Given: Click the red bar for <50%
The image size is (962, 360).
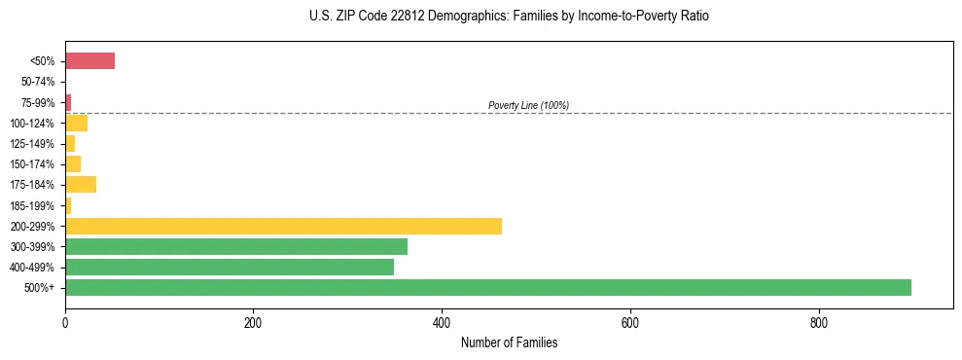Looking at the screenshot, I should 89,61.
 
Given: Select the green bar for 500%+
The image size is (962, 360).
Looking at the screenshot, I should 487,287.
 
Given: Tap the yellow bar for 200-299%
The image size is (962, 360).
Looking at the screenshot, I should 283,226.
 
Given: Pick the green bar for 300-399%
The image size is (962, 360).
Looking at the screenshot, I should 236,246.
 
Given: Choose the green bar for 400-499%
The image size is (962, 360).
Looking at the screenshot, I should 230,267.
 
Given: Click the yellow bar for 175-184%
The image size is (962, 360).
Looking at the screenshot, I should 81,185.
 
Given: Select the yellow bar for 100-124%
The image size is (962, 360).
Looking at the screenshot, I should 77,123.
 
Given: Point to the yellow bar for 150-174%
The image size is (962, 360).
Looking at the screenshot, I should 73,163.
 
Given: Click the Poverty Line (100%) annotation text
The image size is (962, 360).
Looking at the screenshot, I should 528,105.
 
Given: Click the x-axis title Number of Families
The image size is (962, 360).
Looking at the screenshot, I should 509,342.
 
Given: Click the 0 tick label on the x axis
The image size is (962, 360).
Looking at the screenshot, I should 65,322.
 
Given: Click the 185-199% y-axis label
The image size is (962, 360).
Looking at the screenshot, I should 34,205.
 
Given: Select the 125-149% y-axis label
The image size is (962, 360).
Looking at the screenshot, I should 34,144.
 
